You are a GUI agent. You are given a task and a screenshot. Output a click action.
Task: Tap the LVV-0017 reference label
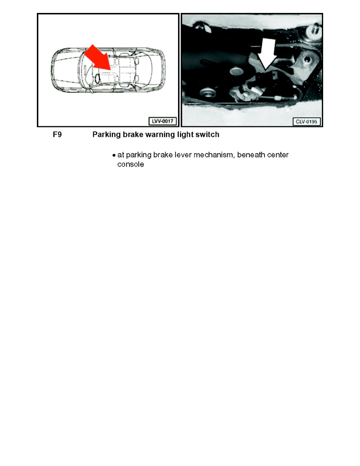coord(162,121)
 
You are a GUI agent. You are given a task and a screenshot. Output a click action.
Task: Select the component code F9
coord(57,135)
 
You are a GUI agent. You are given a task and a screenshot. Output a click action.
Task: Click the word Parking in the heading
coord(105,135)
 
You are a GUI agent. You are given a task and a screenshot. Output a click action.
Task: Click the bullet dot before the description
coord(114,156)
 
